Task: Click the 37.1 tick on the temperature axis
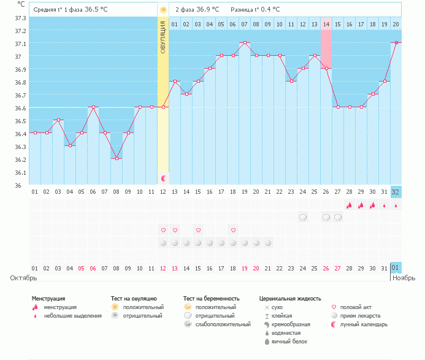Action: tap(20, 44)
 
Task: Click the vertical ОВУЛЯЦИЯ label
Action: tap(163, 37)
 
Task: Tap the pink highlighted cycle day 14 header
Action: tap(326, 24)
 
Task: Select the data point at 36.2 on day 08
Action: tap(117, 158)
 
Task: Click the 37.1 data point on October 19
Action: tap(245, 43)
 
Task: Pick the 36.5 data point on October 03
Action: tap(58, 120)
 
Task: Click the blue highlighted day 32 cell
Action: tap(396, 191)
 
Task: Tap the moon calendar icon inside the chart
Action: tap(164, 178)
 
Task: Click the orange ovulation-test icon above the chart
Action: tap(163, 10)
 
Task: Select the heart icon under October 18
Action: tap(233, 230)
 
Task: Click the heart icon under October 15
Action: tap(198, 230)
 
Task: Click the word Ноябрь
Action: tap(405, 278)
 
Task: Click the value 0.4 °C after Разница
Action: tap(269, 10)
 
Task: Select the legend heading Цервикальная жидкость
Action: tap(289, 298)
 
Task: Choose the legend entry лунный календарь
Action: tap(364, 324)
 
